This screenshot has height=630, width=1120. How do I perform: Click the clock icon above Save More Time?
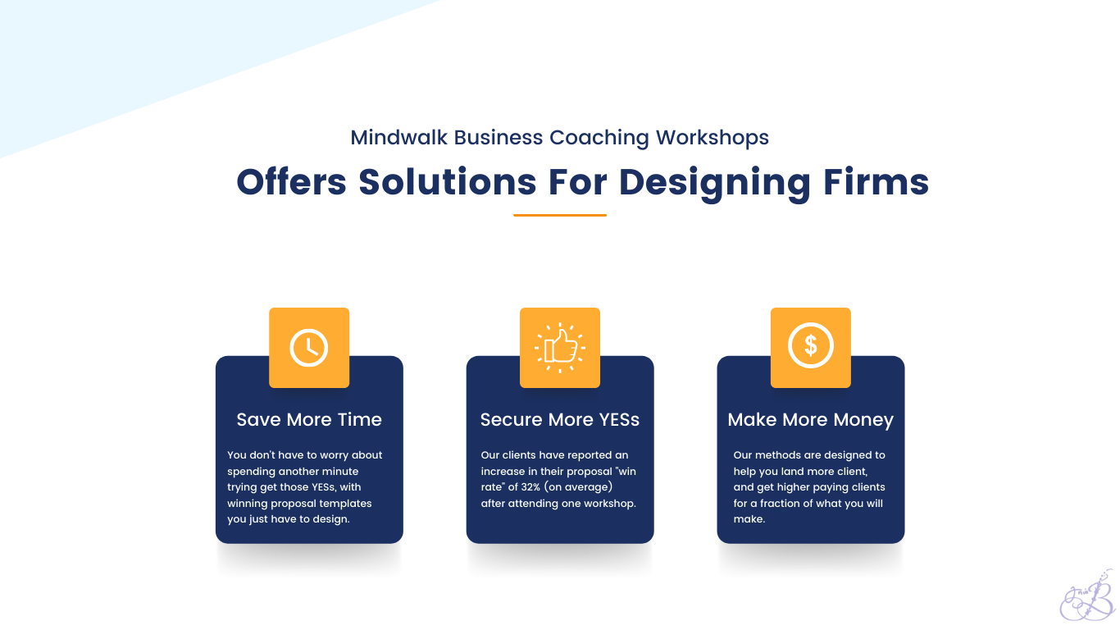tap(309, 348)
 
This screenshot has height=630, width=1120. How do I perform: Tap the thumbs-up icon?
tap(560, 348)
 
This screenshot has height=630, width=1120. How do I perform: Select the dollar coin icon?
tap(811, 345)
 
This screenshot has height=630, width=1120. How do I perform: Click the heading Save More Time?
tap(309, 419)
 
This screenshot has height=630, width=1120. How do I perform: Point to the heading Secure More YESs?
tap(560, 419)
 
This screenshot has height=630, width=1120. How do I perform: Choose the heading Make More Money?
tap(811, 420)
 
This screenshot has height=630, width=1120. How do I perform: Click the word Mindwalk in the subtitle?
tap(398, 138)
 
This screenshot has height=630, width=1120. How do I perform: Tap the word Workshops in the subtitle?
tap(713, 139)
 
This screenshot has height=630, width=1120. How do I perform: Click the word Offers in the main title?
tap(292, 181)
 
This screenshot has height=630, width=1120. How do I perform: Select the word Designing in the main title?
tap(714, 185)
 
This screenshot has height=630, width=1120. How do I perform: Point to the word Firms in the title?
tap(876, 181)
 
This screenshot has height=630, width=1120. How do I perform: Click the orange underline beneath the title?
tap(560, 215)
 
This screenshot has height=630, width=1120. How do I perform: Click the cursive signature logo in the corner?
tap(1086, 596)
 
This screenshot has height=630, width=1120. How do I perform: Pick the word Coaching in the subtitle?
tap(599, 139)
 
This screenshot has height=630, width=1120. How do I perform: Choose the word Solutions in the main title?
tap(448, 181)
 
